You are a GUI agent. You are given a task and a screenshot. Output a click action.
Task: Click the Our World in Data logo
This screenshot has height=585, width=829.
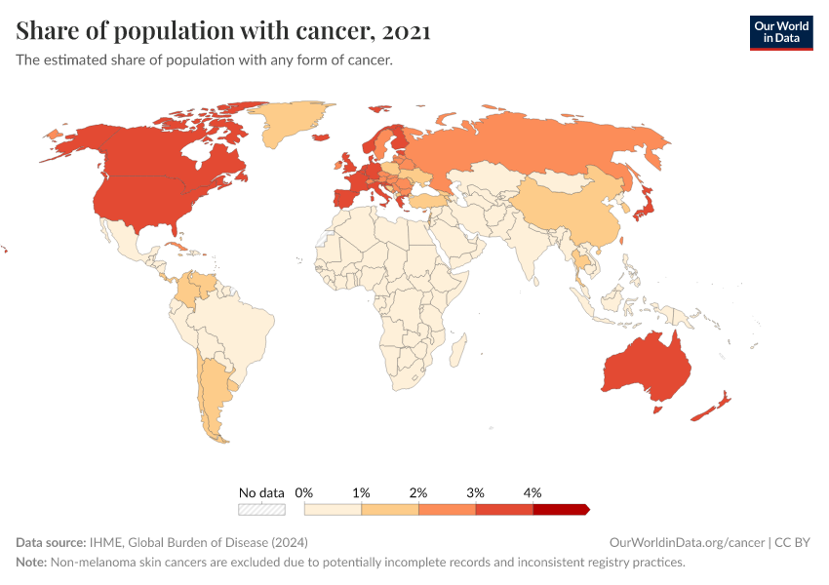point(780,32)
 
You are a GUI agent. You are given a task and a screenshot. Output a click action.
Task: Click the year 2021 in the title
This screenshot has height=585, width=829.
point(406,32)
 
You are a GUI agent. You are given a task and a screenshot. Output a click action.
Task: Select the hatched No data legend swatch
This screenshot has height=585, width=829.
point(261,509)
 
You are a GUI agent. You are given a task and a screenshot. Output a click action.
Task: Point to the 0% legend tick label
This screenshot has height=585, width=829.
point(303,493)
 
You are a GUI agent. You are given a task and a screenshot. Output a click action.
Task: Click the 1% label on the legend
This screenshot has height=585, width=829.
point(361,493)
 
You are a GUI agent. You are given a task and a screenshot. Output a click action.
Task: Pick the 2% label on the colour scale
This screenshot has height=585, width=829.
point(418,493)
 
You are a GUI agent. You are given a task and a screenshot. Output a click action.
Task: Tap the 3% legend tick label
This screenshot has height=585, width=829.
point(475,493)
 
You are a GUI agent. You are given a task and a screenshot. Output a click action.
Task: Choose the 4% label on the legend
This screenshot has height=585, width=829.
point(533,493)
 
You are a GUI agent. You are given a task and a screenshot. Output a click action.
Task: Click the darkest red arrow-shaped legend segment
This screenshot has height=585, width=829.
point(561,509)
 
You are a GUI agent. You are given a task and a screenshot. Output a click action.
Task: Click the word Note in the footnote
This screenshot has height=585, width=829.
point(31,563)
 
